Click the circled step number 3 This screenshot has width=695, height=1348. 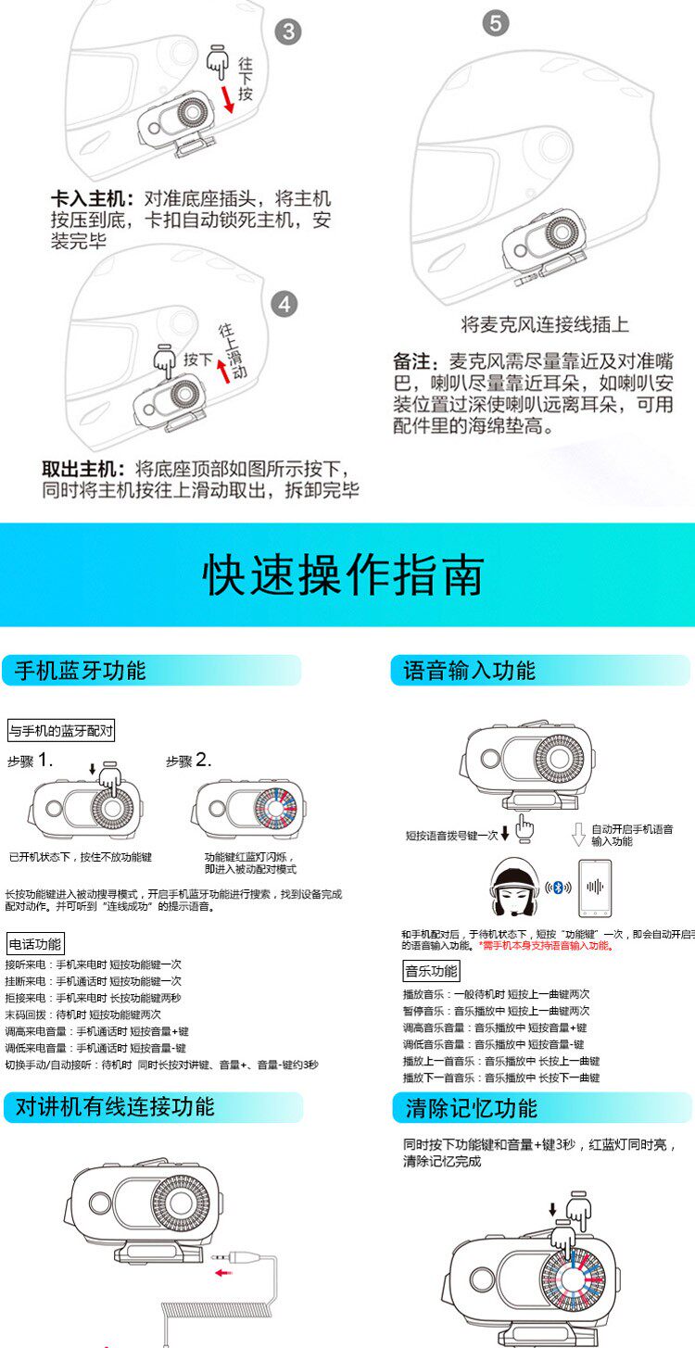click(x=288, y=31)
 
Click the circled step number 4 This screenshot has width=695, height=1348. click(x=284, y=305)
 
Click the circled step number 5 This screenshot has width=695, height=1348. click(x=496, y=23)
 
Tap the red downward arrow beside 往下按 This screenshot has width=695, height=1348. click(x=227, y=99)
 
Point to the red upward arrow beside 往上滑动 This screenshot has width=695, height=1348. click(x=224, y=370)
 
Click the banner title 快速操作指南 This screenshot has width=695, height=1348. click(x=344, y=574)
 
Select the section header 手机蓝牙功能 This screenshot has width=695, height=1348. click(x=81, y=671)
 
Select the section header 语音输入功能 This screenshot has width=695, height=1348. click(x=469, y=671)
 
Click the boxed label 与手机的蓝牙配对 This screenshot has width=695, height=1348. click(x=61, y=731)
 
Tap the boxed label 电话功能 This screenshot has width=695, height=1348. click(x=35, y=943)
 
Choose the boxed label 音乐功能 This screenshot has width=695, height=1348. click(x=432, y=971)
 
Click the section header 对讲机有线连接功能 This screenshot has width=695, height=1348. click(x=115, y=1106)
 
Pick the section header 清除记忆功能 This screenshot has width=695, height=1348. click(x=471, y=1108)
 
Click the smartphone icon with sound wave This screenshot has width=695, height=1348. click(x=595, y=888)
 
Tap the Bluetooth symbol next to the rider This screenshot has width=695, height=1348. click(x=558, y=887)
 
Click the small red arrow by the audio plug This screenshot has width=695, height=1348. click(x=224, y=1272)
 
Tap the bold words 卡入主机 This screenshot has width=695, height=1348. click(x=88, y=199)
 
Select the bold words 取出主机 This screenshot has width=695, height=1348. click(x=83, y=469)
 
